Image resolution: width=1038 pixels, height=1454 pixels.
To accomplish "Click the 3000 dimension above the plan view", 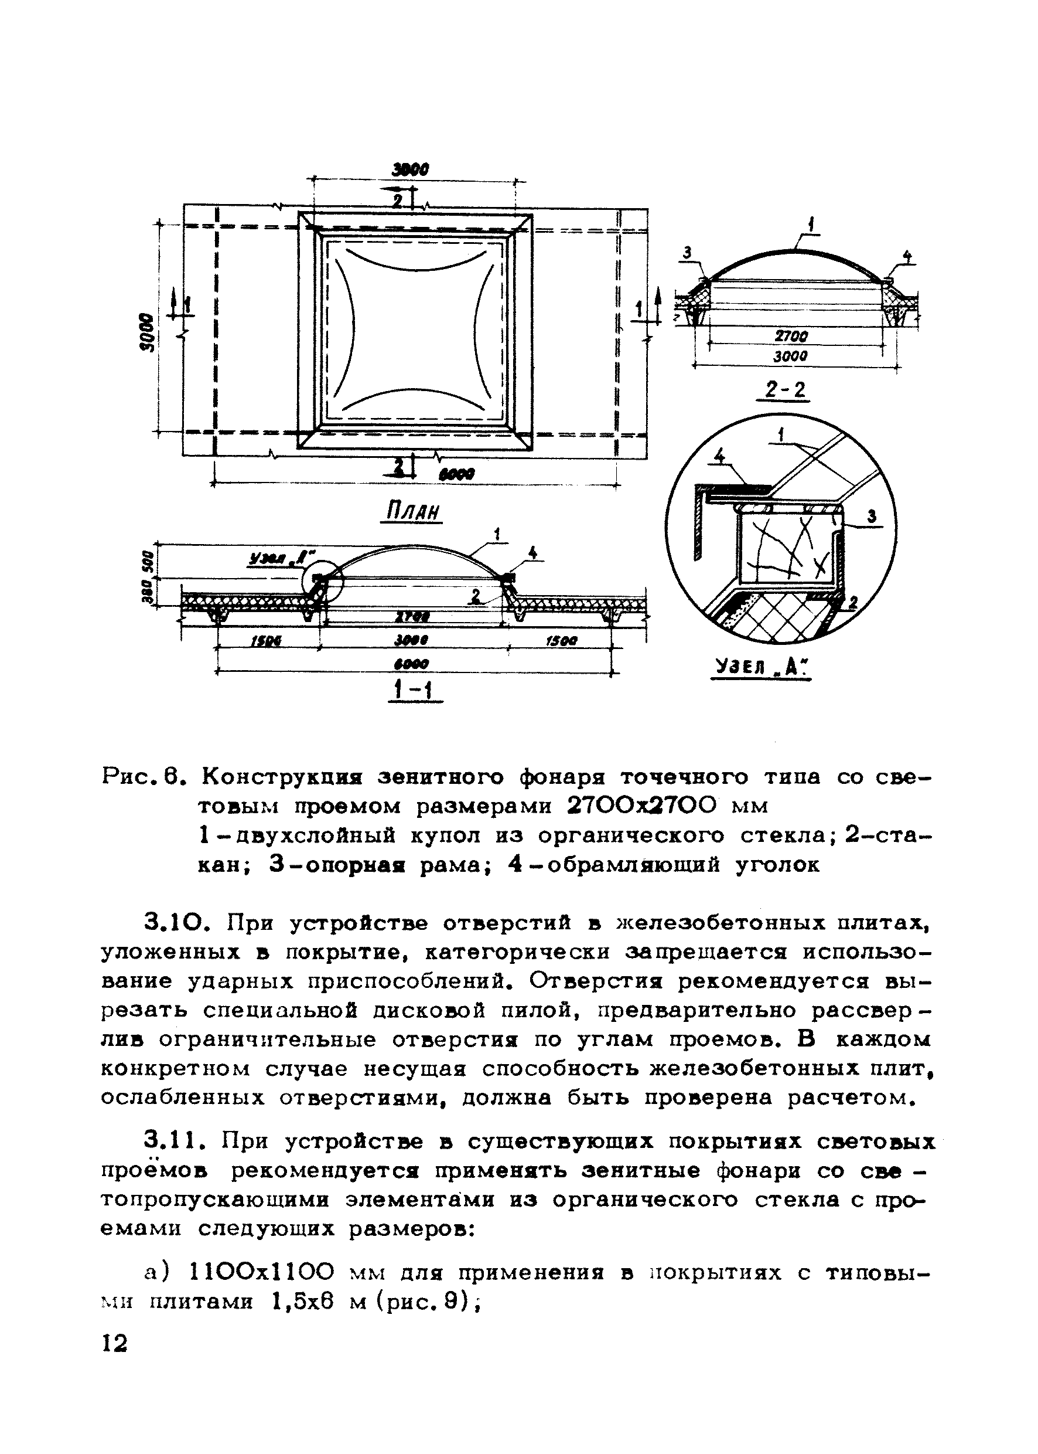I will tap(411, 169).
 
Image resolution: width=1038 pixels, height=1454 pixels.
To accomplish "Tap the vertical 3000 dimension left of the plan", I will tap(148, 332).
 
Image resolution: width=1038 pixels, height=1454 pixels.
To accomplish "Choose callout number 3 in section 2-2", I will tap(687, 253).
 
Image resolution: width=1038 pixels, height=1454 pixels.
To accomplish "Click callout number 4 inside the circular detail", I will tap(720, 457).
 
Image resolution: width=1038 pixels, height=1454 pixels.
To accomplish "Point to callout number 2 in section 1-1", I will tap(475, 596).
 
